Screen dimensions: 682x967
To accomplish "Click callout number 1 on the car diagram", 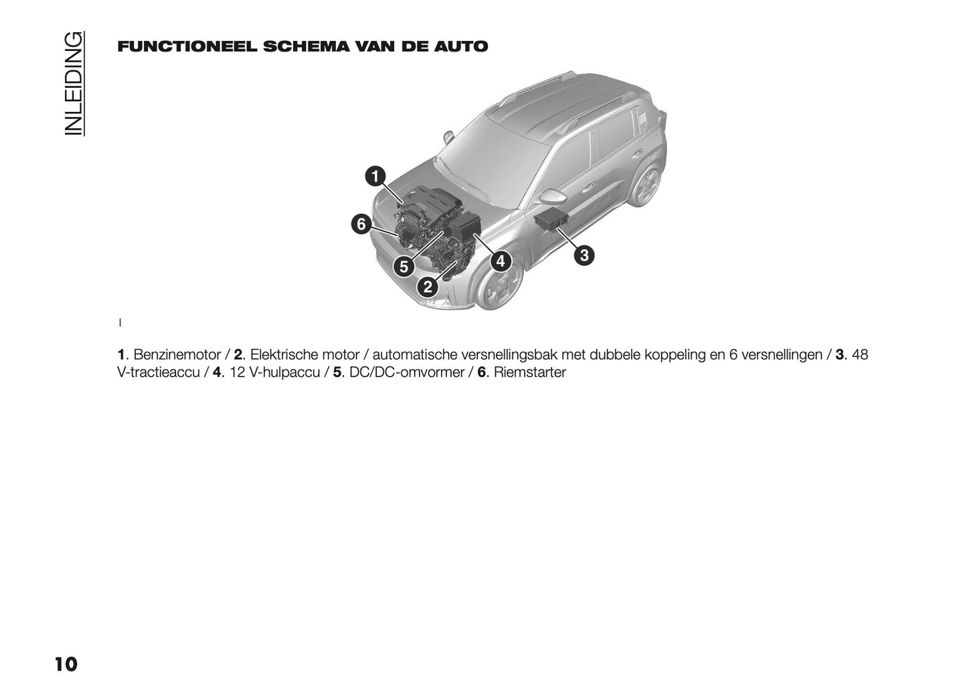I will click(375, 176).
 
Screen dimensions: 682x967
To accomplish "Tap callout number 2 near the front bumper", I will click(428, 288).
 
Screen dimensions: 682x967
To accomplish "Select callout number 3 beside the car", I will click(584, 255).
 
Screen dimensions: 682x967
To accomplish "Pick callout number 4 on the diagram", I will click(500, 261).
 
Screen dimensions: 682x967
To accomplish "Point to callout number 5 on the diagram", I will click(403, 267).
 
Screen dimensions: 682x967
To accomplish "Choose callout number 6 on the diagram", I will click(361, 224).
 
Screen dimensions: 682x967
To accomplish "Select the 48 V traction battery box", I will click(551, 218).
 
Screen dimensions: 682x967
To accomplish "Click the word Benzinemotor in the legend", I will click(177, 354).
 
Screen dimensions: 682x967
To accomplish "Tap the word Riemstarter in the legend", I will click(530, 372).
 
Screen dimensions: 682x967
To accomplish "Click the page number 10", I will click(66, 665).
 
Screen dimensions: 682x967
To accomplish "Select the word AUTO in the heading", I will click(462, 47).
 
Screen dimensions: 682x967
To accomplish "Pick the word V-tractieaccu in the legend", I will click(158, 372).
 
